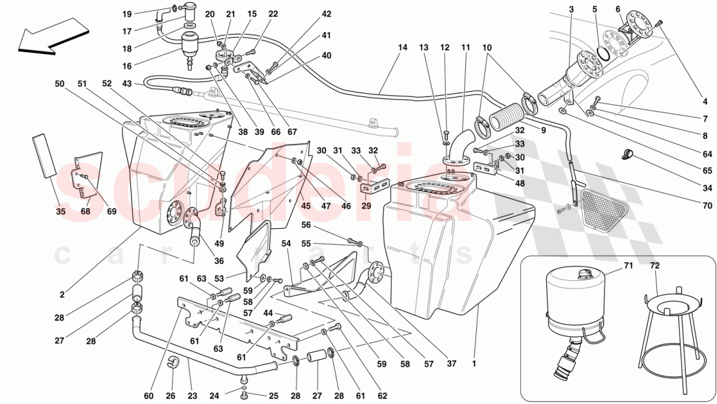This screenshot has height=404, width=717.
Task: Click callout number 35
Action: tap(60, 211)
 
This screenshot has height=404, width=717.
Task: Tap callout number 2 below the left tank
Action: tap(62, 295)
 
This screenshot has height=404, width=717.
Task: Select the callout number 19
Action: tap(127, 14)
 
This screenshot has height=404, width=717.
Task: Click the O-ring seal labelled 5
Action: tap(604, 53)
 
